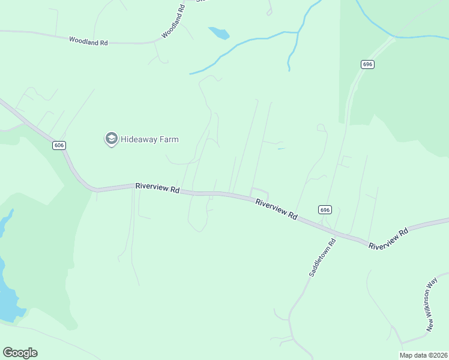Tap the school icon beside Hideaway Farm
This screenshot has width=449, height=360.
[111, 139]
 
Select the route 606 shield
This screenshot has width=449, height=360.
[58, 146]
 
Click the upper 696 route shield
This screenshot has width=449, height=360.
[368, 64]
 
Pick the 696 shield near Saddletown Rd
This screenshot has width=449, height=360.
[324, 209]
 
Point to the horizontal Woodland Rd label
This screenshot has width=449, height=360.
[88, 41]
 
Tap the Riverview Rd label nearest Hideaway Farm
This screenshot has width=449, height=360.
[157, 188]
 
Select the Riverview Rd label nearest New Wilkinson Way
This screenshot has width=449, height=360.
[388, 238]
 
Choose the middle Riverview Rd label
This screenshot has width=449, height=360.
[276, 209]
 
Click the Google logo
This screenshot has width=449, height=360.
[20, 353]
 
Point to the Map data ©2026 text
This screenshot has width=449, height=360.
[423, 355]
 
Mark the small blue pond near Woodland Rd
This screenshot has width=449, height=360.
[219, 33]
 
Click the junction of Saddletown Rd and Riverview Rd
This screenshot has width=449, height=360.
[327, 229]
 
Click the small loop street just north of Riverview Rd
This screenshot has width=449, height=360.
[259, 193]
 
